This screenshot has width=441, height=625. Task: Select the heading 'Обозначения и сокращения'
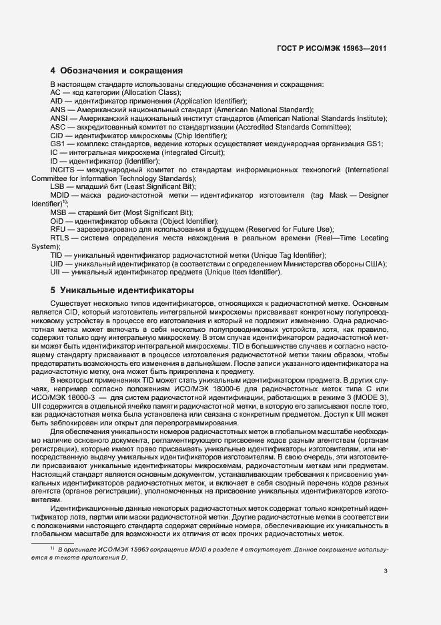pos(121,70)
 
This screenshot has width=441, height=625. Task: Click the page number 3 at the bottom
pos(386,570)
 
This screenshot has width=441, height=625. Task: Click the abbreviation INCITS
pos(63,170)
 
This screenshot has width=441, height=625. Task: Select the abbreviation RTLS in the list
pos(60,238)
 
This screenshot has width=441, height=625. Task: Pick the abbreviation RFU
pos(59,229)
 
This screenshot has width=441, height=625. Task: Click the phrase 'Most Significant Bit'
pos(148,212)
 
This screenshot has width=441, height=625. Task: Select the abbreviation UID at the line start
pos(58,264)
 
